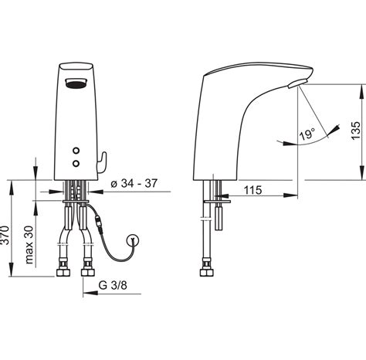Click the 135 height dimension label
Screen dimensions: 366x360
[x=357, y=131]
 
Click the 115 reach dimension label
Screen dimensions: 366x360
[x=252, y=190]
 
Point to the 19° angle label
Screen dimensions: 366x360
[x=307, y=134]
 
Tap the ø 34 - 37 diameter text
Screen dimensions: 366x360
[x=134, y=183]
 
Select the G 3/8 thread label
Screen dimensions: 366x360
[x=113, y=285]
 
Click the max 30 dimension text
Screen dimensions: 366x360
[x=29, y=245]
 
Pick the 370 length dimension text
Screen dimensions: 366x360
[x=5, y=235]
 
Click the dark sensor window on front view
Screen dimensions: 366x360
[x=76, y=83]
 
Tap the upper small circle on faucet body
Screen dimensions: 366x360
[x=76, y=151]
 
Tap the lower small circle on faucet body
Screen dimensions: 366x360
[x=76, y=163]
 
